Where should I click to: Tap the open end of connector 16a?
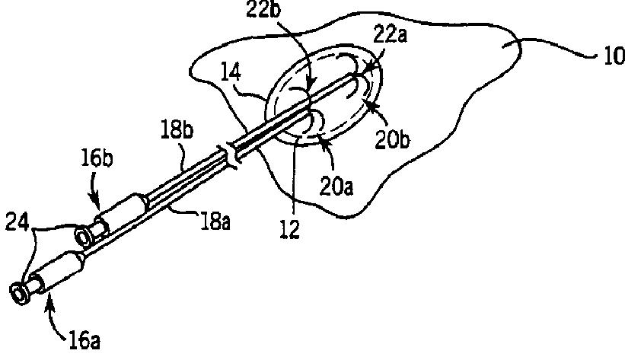pyautogui.click(x=18, y=292)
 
